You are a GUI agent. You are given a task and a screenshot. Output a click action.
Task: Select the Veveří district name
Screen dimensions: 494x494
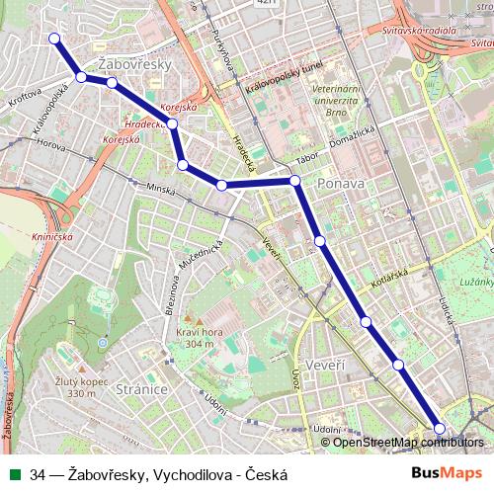pyautogui.click(x=327, y=366)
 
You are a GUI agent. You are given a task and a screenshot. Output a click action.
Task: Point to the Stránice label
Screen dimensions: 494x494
pyautogui.click(x=139, y=389)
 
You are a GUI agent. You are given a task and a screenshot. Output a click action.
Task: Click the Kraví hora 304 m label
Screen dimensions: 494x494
pyautogui.click(x=196, y=339)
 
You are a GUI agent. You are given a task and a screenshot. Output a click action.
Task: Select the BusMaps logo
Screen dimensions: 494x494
pyautogui.click(x=447, y=474)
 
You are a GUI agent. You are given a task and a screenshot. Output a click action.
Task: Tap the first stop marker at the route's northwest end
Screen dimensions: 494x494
pyautogui.click(x=54, y=40)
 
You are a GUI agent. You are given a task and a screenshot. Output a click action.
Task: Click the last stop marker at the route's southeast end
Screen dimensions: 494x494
pyautogui.click(x=440, y=428)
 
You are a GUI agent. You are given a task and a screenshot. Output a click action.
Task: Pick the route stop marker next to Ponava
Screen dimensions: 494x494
pyautogui.click(x=294, y=181)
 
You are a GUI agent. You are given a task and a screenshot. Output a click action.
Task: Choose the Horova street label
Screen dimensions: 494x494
pyautogui.click(x=49, y=143)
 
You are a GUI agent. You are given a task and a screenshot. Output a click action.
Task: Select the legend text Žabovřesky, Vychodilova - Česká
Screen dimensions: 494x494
pyautogui.click(x=158, y=474)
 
